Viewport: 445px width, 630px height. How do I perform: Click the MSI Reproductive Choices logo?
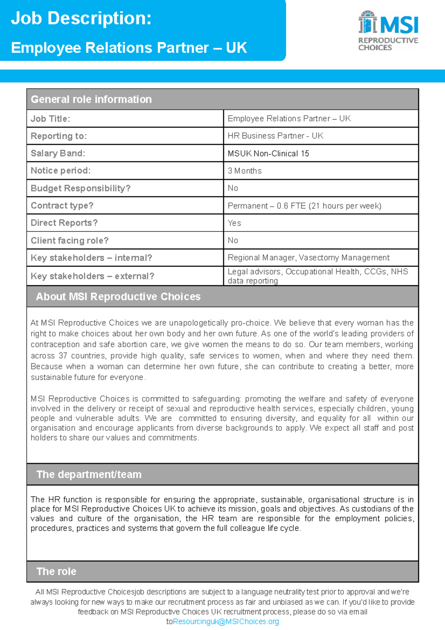[x=388, y=30]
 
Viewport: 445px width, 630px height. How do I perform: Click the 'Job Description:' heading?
[x=81, y=18]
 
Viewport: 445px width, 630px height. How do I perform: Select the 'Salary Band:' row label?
[x=58, y=153]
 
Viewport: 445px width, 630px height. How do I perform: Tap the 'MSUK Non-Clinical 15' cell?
[x=268, y=153]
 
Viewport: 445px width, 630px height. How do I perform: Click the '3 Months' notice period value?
[x=244, y=171]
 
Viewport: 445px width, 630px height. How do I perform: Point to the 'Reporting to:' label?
[x=59, y=136]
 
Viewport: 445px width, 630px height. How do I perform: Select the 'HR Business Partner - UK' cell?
[x=275, y=136]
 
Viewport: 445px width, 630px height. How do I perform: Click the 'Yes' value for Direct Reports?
[x=234, y=223]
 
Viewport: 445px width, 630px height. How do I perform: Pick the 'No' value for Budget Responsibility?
[x=233, y=188]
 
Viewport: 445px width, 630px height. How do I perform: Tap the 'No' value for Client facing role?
[x=233, y=240]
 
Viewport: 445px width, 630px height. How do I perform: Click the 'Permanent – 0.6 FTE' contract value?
[x=304, y=206]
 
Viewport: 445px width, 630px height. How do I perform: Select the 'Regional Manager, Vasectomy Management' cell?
[x=308, y=257]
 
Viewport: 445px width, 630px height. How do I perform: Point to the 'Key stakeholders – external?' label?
[x=92, y=276]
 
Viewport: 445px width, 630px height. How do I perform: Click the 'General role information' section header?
[x=91, y=99]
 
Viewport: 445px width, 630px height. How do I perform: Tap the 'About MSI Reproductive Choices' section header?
[x=118, y=296]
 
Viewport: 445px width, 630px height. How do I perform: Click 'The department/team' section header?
[x=89, y=474]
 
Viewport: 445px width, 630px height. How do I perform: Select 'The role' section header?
[x=56, y=571]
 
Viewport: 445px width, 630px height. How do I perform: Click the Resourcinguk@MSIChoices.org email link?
[x=226, y=621]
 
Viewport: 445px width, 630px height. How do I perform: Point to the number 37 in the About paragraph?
[x=63, y=355]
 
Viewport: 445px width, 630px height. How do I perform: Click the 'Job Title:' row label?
[x=50, y=119]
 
